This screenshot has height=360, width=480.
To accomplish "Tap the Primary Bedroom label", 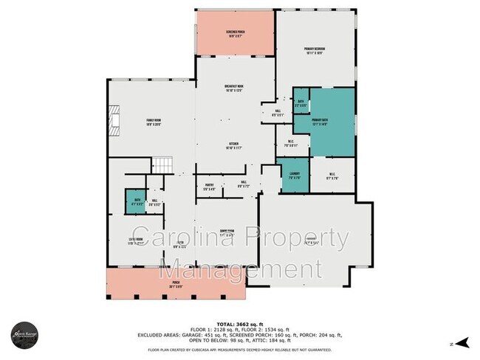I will [315, 52].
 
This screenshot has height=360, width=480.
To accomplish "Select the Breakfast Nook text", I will [235, 89].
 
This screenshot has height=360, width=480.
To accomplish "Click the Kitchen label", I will [235, 145].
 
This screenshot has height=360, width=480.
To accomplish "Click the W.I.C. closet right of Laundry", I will [331, 178].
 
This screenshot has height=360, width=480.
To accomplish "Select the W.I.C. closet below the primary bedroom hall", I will [290, 145].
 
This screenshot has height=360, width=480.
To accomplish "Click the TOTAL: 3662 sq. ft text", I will [240, 325].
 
